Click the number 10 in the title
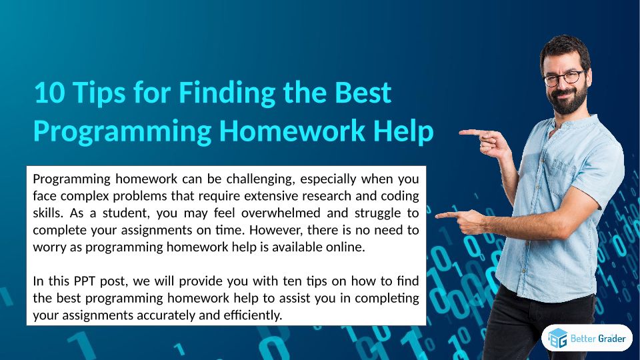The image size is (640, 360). coord(49,92)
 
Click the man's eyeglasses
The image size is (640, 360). coord(565,77)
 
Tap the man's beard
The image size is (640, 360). coord(569,101)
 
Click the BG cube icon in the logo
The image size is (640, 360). coord(557,338)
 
